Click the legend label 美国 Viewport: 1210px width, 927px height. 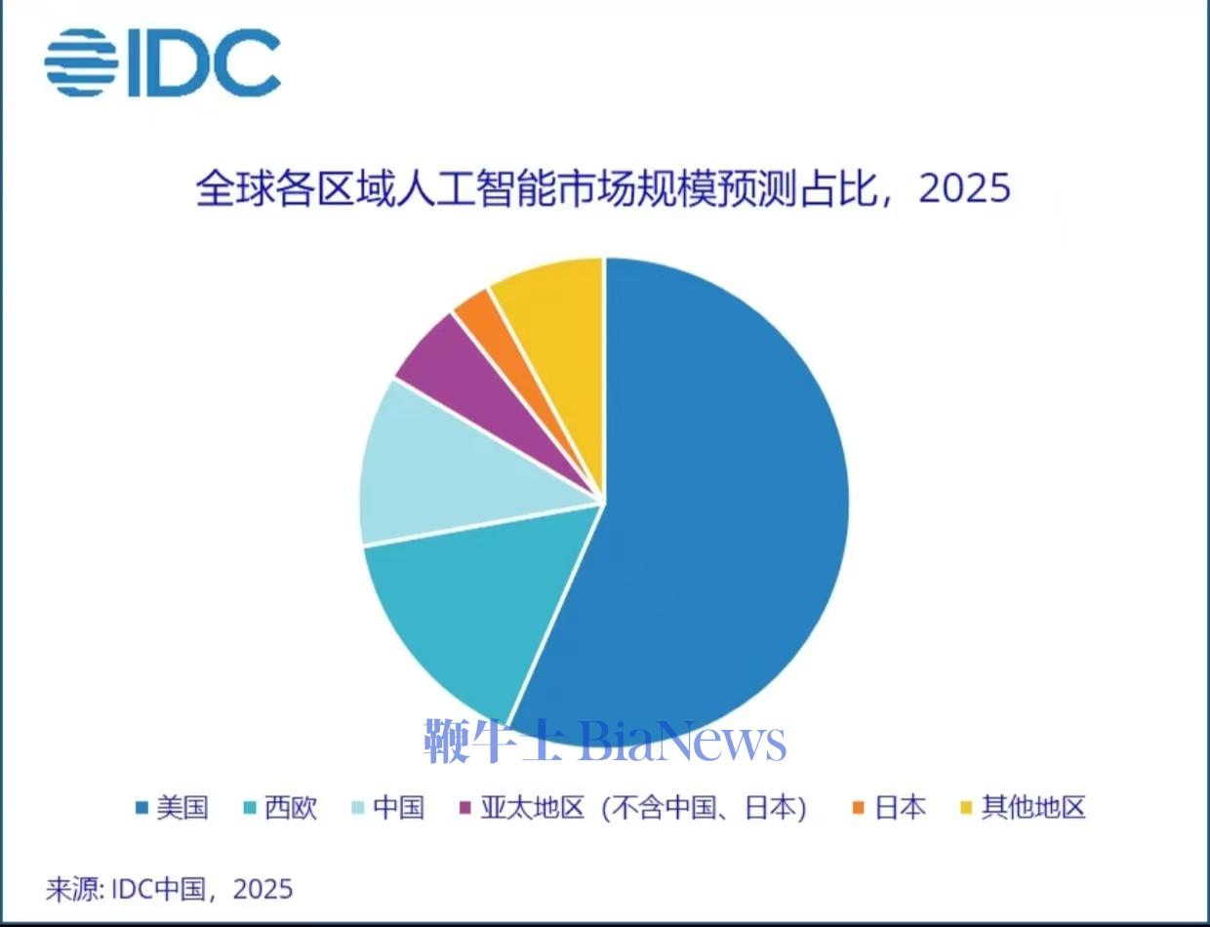click(182, 808)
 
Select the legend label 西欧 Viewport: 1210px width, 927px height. click(291, 808)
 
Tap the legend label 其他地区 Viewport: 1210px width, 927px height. click(1033, 808)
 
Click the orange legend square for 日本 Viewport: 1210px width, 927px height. click(859, 808)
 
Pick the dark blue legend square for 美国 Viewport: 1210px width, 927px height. click(142, 808)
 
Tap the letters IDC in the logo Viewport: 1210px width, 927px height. click(204, 62)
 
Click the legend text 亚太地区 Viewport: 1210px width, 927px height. click(532, 808)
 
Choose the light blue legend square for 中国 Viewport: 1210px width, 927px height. click(358, 808)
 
